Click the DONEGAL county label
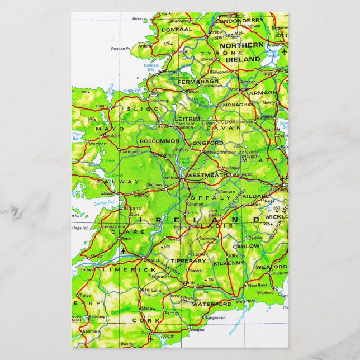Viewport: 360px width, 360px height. click(176, 29)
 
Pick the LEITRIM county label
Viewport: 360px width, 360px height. click(187, 119)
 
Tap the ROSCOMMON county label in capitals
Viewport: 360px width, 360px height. click(159, 141)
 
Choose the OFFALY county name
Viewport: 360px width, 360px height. click(210, 198)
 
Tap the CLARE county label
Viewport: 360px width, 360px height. click(120, 231)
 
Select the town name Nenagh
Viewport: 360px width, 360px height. click(175, 238)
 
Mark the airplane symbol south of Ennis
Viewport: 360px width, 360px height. click(122, 250)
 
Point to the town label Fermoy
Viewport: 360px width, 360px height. click(172, 312)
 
